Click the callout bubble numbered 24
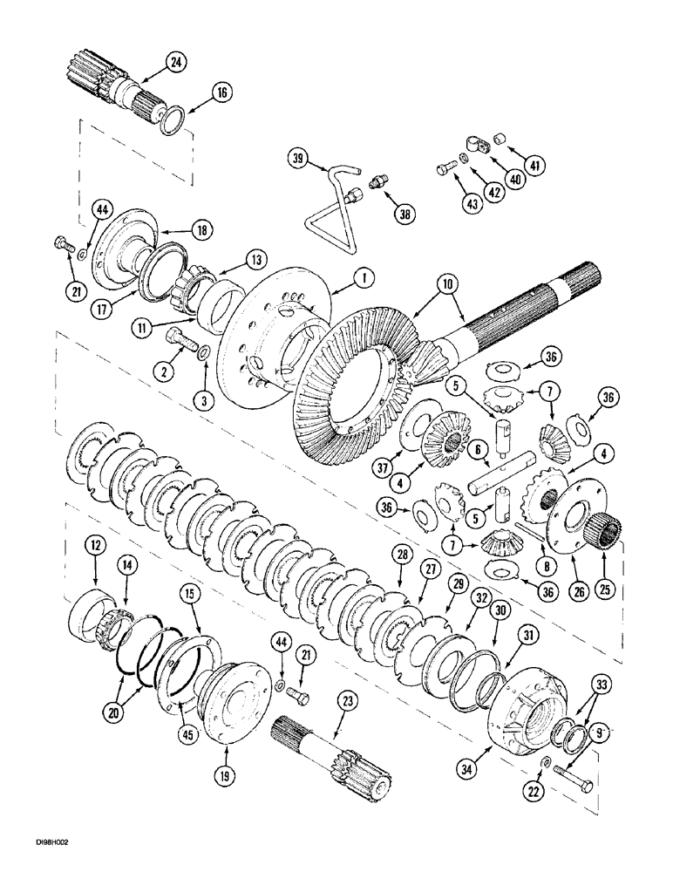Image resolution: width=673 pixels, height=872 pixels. pyautogui.click(x=178, y=61)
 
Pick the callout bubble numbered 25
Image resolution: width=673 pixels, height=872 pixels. pyautogui.click(x=602, y=589)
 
